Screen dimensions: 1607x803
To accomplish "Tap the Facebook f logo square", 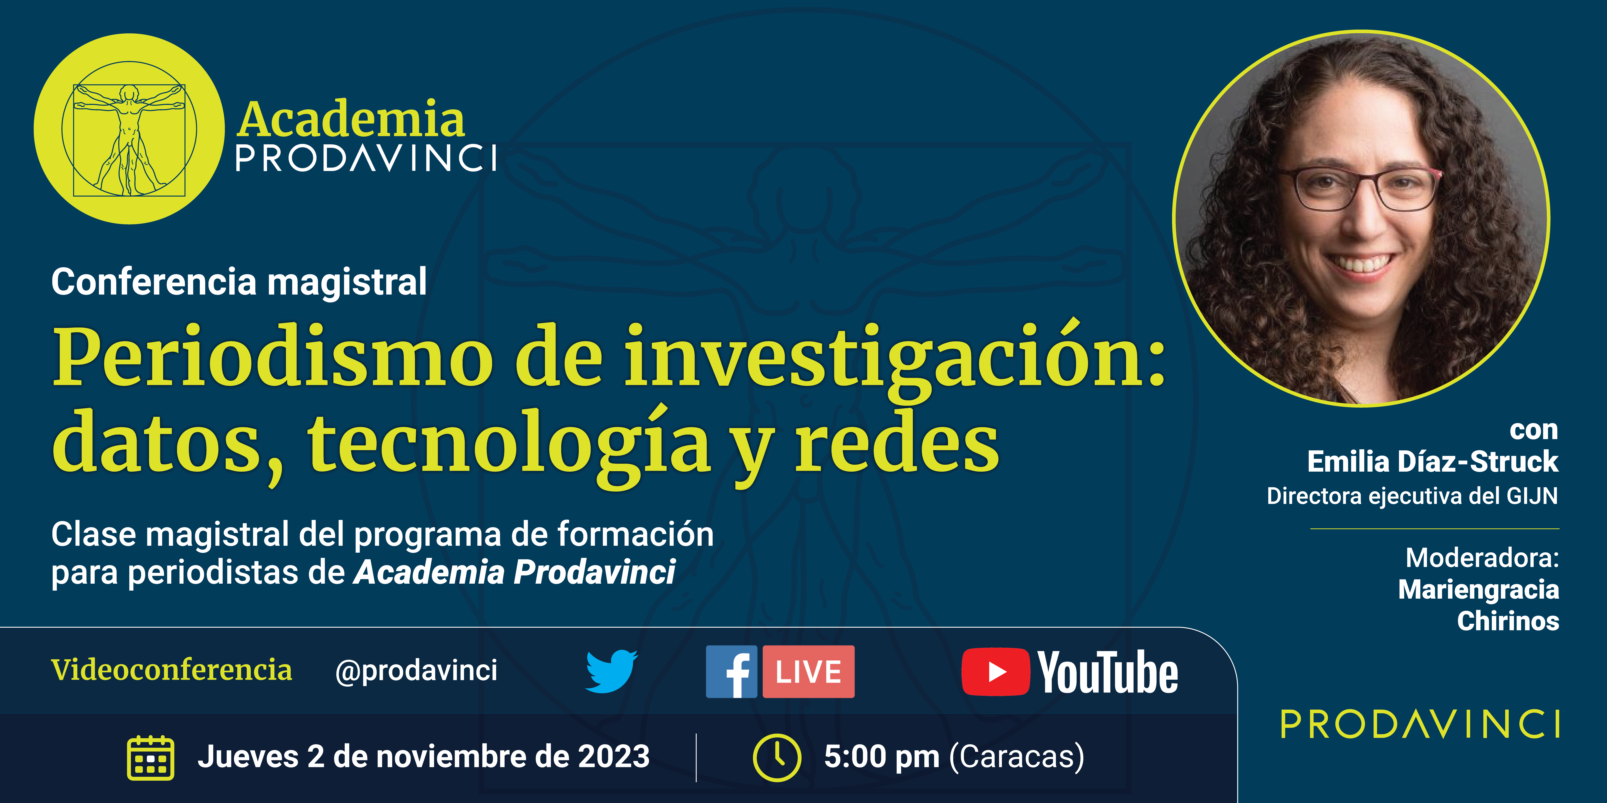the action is (x=731, y=671).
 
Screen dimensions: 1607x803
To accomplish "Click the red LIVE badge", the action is (x=808, y=671).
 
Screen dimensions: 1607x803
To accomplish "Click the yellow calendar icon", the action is (x=150, y=757).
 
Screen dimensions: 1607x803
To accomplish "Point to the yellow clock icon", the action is (x=777, y=757).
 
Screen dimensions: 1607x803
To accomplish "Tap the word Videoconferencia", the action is (x=172, y=669).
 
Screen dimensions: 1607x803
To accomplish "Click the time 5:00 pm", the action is (x=881, y=757).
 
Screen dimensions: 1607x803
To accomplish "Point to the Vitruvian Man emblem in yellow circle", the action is (x=129, y=129).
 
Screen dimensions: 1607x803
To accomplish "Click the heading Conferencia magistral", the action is (x=239, y=282).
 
